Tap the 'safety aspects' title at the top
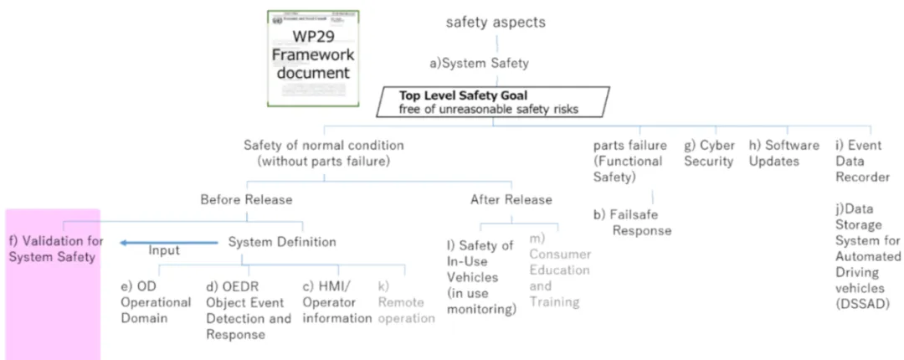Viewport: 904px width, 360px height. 495,23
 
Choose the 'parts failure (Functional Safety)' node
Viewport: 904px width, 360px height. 628,161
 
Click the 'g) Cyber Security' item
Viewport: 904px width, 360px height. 709,152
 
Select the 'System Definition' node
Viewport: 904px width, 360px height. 282,242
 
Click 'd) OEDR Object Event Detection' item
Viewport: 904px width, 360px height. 249,310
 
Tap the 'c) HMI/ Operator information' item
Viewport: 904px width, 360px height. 337,302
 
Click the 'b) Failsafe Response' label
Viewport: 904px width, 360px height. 633,222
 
